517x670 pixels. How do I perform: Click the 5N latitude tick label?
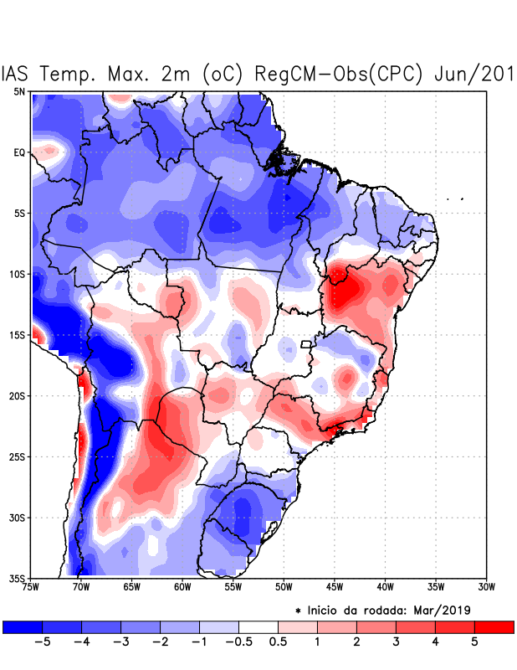[x=19, y=91]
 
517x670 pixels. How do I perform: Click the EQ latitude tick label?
[x=19, y=152]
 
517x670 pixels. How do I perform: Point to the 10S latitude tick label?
[x=18, y=274]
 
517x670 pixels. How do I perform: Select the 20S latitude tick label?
[x=18, y=395]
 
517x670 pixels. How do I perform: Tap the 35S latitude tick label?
[x=18, y=578]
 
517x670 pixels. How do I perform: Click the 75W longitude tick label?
[x=31, y=587]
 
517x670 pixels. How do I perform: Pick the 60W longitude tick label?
[x=182, y=587]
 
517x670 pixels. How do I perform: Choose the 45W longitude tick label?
[x=334, y=587]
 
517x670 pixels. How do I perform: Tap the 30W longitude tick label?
[x=486, y=587]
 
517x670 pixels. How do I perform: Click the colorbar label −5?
[x=41, y=642]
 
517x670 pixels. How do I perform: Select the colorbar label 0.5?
[x=278, y=642]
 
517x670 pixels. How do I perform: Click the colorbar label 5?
[x=473, y=642]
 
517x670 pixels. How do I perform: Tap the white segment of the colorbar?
[x=258, y=626]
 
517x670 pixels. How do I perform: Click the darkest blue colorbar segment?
[x=22, y=626]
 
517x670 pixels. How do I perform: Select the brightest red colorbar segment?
[x=494, y=626]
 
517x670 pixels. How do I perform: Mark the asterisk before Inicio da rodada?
[x=299, y=611]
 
